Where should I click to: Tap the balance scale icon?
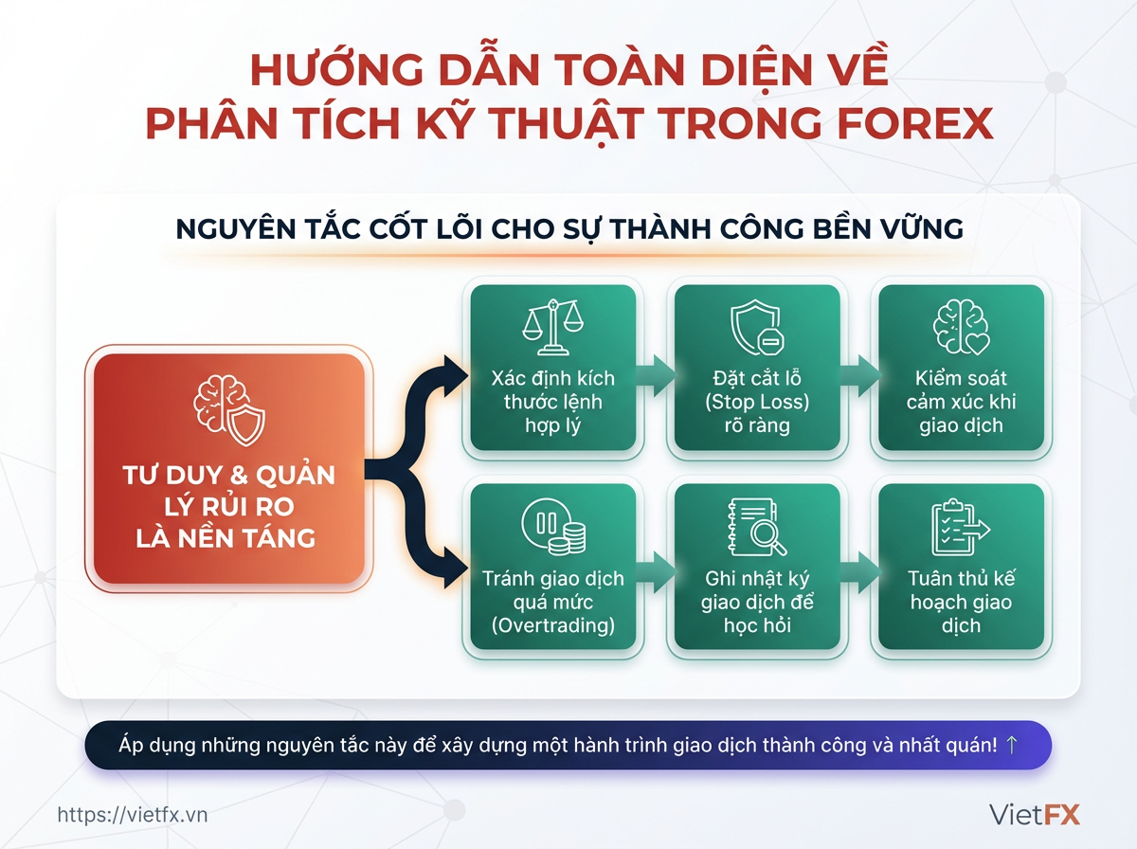coord(552,327)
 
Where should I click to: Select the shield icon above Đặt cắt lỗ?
coord(757,327)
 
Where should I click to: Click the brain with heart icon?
coord(961,327)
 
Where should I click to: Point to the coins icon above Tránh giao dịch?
coord(553,527)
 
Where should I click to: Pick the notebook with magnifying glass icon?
coord(757,528)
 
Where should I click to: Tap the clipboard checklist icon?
coord(961,528)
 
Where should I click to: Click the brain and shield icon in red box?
coord(229,410)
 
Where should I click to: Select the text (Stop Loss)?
coord(757,402)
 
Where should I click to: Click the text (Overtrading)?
coord(553,625)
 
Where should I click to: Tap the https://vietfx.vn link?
coord(132,815)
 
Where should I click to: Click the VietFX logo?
coord(1034,814)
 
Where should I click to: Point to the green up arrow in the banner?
coord(1011,745)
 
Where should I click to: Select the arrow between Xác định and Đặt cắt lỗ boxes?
coord(656,375)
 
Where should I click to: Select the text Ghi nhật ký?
coord(757,579)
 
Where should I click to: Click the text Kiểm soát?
coord(961,379)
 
